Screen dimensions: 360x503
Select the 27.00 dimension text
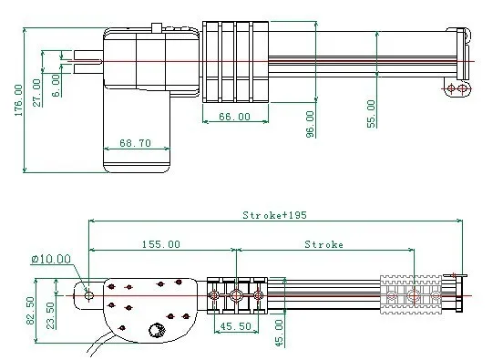(x=36, y=93)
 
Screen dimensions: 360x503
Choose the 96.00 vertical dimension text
(x=310, y=123)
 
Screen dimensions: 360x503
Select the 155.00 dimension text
(x=161, y=244)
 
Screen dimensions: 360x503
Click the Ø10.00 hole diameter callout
(x=51, y=259)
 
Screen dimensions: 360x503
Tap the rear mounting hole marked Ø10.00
(x=88, y=294)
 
